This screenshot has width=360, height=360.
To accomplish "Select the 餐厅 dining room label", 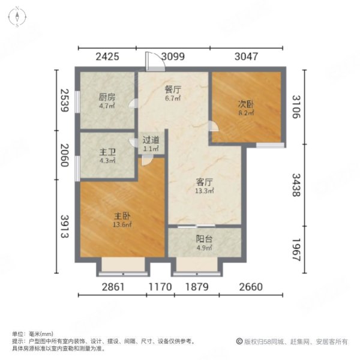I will click(173, 89).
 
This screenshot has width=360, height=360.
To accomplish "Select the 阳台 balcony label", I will click(205, 238).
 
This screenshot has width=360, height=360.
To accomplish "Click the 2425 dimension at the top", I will click(108, 58).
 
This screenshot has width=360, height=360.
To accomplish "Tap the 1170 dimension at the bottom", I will click(160, 287).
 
